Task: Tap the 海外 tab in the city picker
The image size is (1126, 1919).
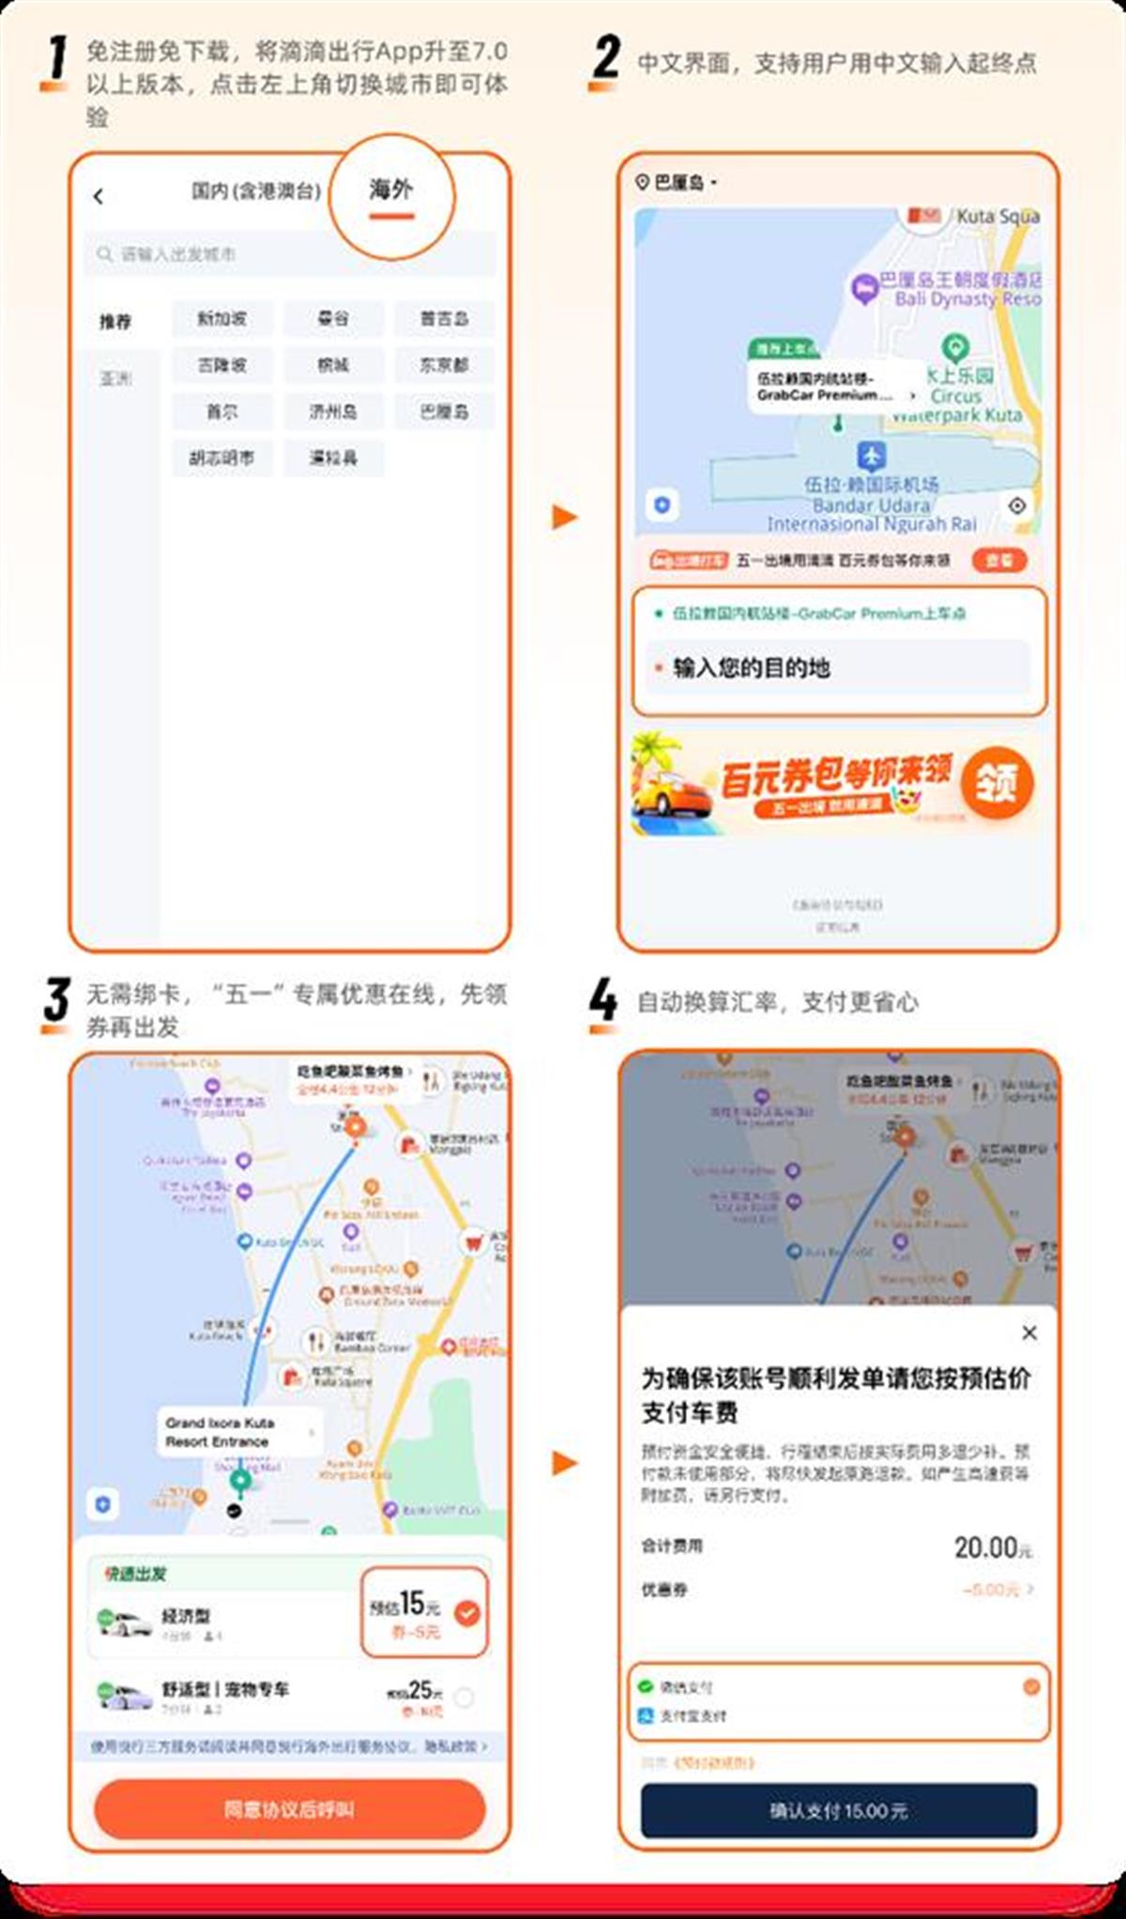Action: coord(390,190)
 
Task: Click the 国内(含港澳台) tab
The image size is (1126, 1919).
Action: coord(255,191)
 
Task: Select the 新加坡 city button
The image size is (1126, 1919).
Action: coord(221,319)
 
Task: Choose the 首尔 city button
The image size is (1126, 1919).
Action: coord(221,412)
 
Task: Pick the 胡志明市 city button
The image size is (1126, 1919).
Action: coord(221,459)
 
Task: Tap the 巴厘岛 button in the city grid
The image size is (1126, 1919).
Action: coord(444,412)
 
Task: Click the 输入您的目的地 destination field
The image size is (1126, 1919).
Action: coord(835,667)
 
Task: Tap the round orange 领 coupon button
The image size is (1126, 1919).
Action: coord(996,782)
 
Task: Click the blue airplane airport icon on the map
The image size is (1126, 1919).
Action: coord(872,457)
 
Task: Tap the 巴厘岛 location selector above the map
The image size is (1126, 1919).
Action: coord(676,182)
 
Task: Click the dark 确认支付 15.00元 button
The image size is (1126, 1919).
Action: coord(838,1810)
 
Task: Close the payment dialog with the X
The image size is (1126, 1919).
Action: coord(1029,1333)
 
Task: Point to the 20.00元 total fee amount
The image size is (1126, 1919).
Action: coord(991,1547)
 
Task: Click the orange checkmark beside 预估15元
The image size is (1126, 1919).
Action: coord(466,1612)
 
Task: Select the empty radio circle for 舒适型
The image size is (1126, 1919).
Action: coord(464,1697)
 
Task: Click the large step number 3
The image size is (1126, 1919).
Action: coord(56,999)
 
